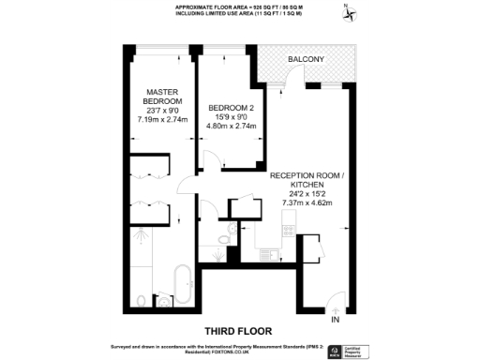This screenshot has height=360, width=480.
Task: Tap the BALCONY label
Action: click(x=306, y=60)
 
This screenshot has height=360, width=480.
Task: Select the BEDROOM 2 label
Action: click(x=230, y=108)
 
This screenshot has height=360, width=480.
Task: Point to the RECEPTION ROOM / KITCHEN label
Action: click(x=307, y=181)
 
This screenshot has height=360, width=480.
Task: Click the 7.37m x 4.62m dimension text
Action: click(x=307, y=202)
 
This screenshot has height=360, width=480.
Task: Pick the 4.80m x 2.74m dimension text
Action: click(x=230, y=127)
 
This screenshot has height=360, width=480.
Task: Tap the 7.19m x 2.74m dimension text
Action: click(x=162, y=120)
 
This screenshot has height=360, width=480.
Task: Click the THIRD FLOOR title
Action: click(x=239, y=330)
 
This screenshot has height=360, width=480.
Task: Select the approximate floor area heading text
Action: click(x=240, y=7)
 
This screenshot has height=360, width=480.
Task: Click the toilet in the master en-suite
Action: click(x=142, y=300)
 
